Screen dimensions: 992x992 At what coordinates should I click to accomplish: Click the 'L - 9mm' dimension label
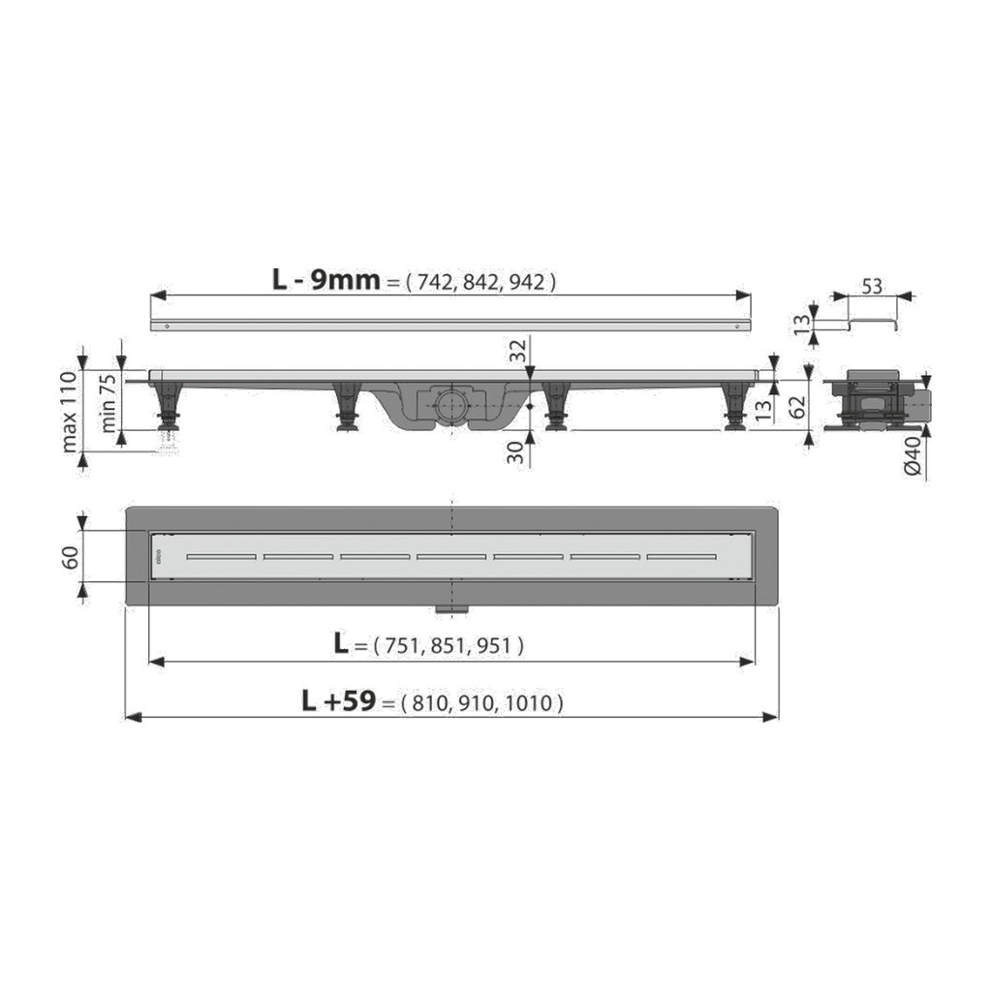(325, 279)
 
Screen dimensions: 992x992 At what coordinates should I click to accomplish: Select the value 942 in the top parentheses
(526, 282)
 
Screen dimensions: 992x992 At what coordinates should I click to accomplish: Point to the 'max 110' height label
(70, 411)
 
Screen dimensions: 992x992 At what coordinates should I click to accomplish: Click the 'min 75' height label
(108, 403)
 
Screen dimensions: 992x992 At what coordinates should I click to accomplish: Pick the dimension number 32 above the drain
(518, 351)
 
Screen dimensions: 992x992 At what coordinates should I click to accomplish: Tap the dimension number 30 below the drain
(517, 452)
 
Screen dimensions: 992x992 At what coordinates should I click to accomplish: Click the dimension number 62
(798, 407)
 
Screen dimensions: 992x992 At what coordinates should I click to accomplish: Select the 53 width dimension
(872, 287)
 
